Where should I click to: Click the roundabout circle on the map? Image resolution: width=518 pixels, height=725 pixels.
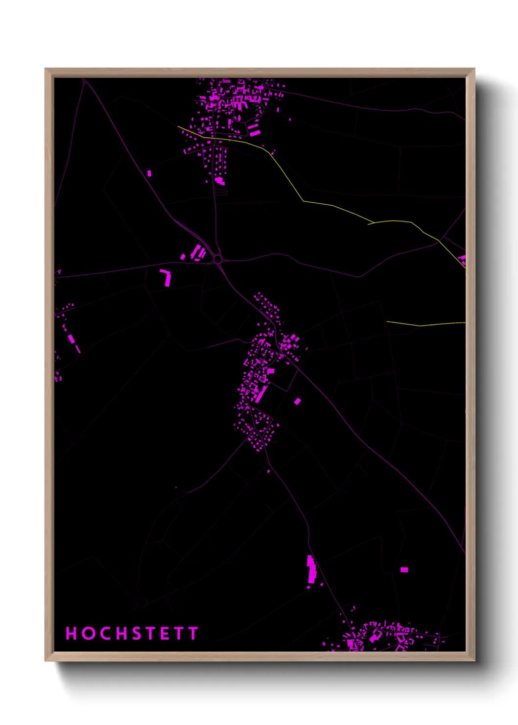[218, 259]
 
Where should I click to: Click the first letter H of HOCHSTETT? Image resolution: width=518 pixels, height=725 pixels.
[71, 633]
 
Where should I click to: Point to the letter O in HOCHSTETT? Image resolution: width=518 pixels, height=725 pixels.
[88, 633]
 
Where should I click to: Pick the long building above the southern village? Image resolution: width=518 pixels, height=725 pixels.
[311, 569]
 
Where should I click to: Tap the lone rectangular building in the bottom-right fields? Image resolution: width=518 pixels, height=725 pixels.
[404, 570]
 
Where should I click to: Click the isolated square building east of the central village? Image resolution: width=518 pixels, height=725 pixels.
[297, 401]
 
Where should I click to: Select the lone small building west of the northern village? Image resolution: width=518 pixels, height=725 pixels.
[149, 173]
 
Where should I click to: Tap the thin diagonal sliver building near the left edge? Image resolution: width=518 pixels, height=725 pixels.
[78, 349]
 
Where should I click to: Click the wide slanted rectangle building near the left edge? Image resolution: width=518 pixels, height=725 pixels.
[71, 338]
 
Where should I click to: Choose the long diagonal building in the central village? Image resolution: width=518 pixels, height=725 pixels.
[261, 394]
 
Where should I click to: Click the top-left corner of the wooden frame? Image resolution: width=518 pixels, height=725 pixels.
[46, 69]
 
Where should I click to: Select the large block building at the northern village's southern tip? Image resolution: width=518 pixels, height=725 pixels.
[219, 181]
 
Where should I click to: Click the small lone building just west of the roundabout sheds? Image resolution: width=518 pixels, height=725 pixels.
[183, 256]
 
